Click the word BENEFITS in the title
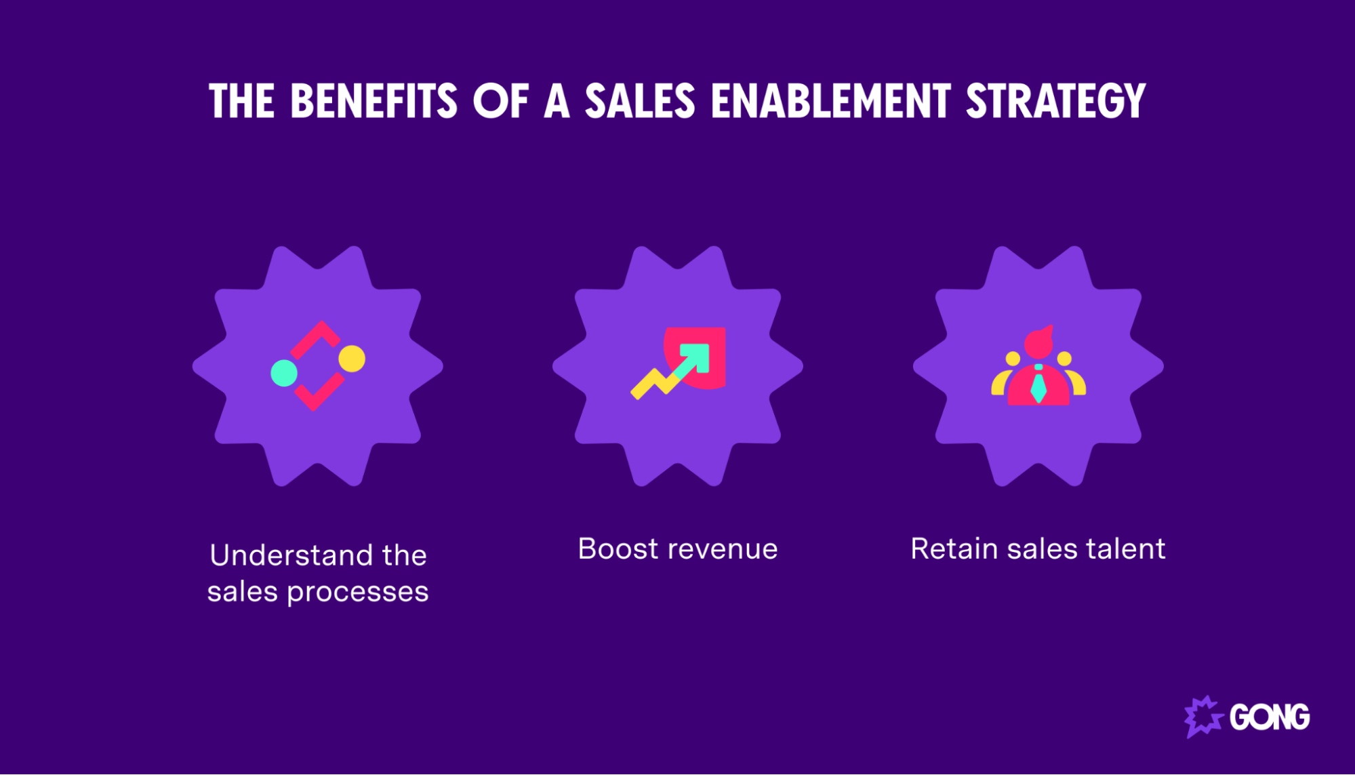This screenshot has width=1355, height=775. click(373, 102)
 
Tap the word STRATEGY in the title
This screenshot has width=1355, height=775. click(1055, 102)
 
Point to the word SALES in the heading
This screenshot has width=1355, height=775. click(640, 102)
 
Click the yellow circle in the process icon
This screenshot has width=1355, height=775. click(352, 359)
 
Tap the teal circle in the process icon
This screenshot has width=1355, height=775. click(284, 373)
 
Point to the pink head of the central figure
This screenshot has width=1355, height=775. click(1038, 343)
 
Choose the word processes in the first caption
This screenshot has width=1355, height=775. click(357, 592)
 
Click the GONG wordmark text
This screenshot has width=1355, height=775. click(1270, 717)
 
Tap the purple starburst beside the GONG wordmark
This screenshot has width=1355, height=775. click(1203, 716)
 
